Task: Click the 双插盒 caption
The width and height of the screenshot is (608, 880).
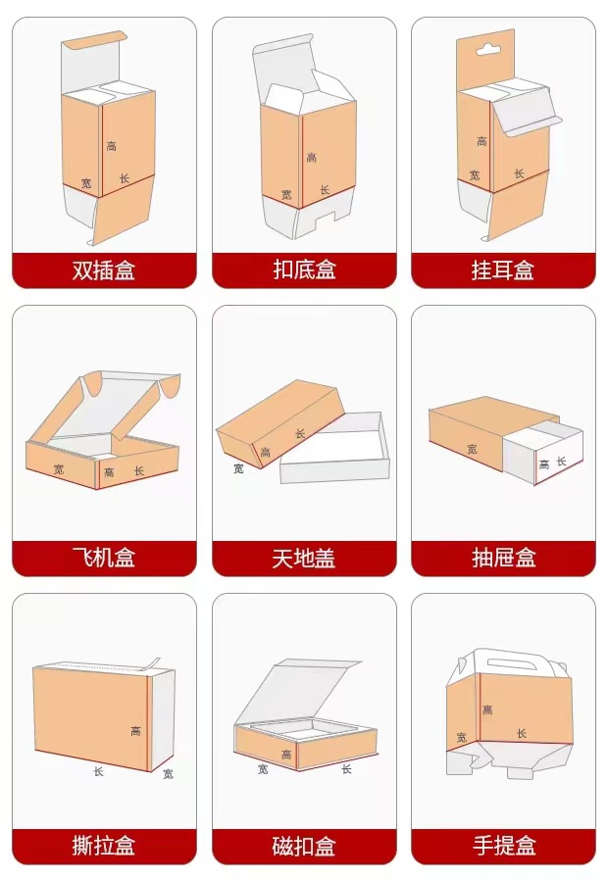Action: (x=104, y=269)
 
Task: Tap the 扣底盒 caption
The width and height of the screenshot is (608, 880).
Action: (x=304, y=269)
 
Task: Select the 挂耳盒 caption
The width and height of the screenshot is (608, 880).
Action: (x=503, y=269)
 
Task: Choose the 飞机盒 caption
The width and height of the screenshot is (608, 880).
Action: (x=104, y=558)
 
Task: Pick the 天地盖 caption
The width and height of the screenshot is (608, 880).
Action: (x=304, y=558)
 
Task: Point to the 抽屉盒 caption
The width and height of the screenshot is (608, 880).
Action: (x=504, y=558)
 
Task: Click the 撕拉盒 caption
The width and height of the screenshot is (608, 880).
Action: (x=104, y=845)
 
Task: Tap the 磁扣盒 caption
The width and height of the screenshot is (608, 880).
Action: (x=304, y=845)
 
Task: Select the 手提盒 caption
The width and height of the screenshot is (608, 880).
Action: (x=504, y=845)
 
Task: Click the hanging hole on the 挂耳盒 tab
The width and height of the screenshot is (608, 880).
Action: (x=487, y=50)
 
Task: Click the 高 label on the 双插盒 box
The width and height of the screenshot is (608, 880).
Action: (x=112, y=146)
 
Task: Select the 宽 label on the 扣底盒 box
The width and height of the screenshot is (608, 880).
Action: (x=286, y=195)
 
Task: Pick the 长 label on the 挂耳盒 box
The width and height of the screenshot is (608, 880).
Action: (x=519, y=174)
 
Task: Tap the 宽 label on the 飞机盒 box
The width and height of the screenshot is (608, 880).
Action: (x=59, y=468)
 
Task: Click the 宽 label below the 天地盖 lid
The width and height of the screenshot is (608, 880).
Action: (x=238, y=468)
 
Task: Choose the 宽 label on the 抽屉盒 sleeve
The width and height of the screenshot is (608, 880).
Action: (x=472, y=449)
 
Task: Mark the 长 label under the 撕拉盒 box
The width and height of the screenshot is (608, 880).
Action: (x=99, y=771)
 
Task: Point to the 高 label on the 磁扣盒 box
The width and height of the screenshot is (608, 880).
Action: (x=286, y=755)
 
